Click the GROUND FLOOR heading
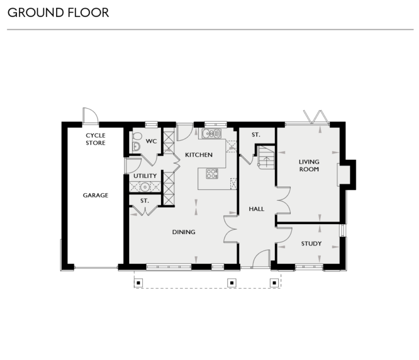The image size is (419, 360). [x=58, y=13]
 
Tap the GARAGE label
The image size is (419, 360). [x=95, y=195]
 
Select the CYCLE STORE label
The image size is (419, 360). [x=95, y=139]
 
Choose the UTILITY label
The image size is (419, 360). [x=145, y=176]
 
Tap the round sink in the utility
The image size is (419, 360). [x=145, y=187]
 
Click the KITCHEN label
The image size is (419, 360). [x=199, y=155]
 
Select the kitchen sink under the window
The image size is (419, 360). [x=212, y=133]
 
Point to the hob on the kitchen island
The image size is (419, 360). [x=212, y=173]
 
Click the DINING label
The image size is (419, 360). [x=183, y=232]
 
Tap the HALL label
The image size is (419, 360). [x=256, y=209]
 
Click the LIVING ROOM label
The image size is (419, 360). [x=308, y=165]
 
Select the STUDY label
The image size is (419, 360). [x=311, y=243]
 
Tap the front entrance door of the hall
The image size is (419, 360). [x=260, y=259]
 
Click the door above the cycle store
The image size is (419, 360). [x=89, y=116]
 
